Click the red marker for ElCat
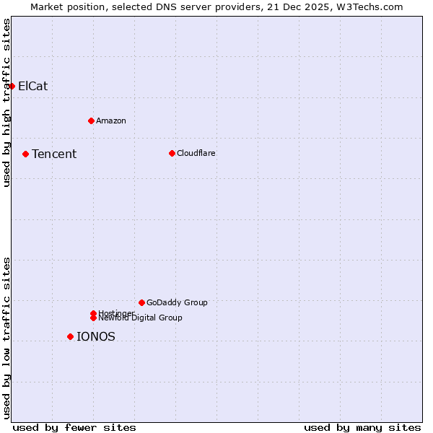point(12,86)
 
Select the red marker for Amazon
point(91,121)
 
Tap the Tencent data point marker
point(25,154)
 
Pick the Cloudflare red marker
point(172,153)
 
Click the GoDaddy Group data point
point(141,302)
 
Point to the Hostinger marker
point(93,313)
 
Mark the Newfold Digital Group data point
point(93,318)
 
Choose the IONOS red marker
point(70,336)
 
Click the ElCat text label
point(32,86)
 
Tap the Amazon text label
point(111,121)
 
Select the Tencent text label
point(54,154)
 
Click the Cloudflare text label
point(196,153)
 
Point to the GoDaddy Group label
point(177,302)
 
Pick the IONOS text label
point(96,336)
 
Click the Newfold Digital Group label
point(141,318)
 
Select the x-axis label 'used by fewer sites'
point(74,427)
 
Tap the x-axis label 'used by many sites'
point(362,427)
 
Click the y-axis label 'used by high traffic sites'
point(6,102)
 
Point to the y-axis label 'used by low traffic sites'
point(6,337)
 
